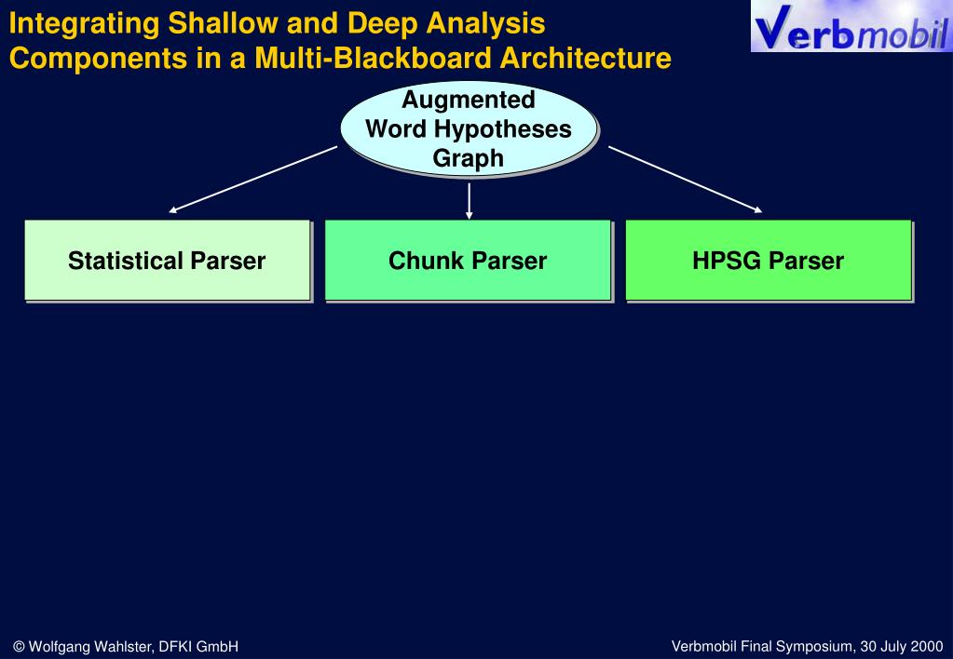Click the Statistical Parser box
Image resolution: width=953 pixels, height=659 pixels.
(x=167, y=261)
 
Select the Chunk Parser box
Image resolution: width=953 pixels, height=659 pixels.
(x=468, y=261)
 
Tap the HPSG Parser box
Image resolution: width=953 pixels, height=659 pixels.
(x=768, y=261)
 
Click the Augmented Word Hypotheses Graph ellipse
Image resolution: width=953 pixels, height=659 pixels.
(x=469, y=128)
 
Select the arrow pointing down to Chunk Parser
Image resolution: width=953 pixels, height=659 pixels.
(x=469, y=200)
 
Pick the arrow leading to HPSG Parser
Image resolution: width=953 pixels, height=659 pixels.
(x=685, y=180)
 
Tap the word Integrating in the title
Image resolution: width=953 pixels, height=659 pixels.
(x=83, y=22)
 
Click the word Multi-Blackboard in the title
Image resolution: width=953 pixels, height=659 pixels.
(x=374, y=59)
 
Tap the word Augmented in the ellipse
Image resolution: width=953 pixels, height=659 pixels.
(x=469, y=100)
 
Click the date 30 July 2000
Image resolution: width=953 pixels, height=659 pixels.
(x=902, y=646)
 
